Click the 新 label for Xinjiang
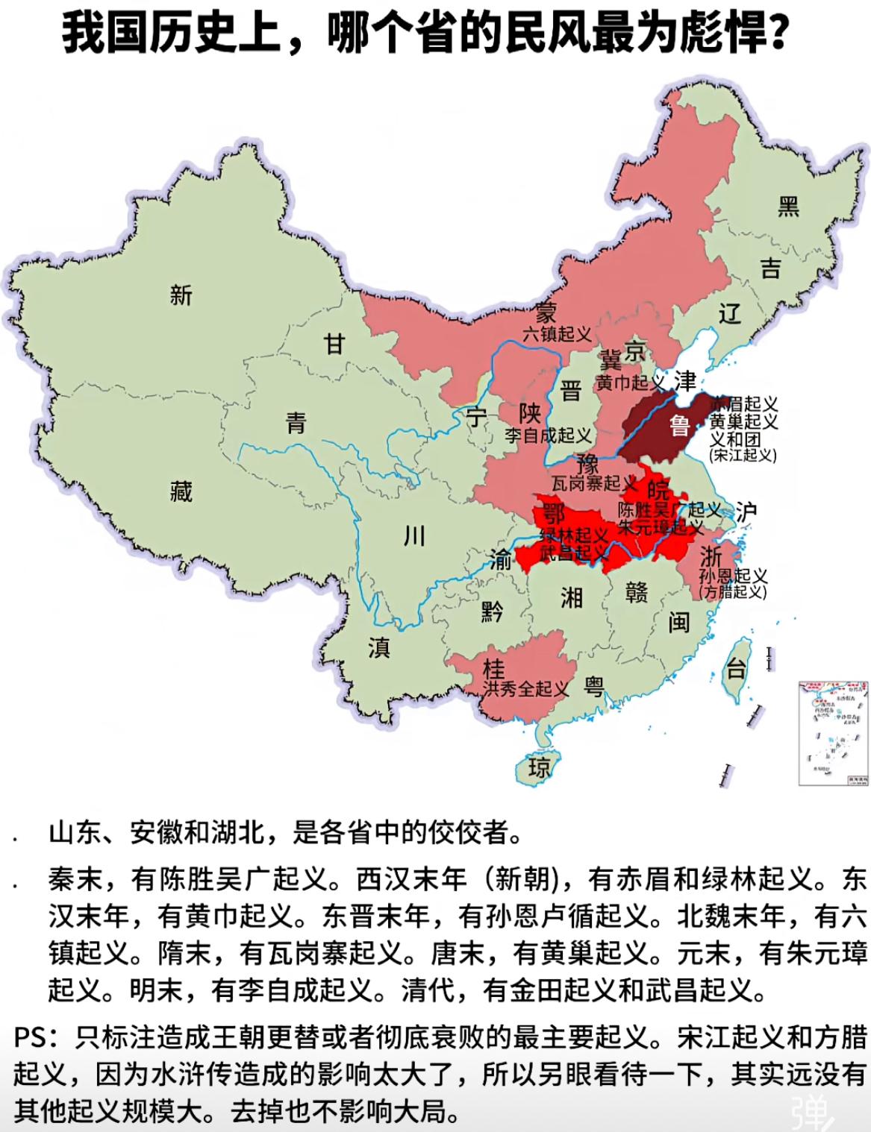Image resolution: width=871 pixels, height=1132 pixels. [181, 295]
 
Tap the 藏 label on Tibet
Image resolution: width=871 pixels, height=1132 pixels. [181, 491]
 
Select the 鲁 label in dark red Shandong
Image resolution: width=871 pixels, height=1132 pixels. [679, 426]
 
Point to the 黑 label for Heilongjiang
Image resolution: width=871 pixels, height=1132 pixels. [788, 206]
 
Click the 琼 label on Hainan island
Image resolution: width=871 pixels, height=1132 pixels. [539, 767]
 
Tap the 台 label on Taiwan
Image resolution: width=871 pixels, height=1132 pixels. [737, 669]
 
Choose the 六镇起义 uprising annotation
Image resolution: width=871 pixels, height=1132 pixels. [558, 334]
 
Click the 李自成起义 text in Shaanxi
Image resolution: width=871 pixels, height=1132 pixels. [548, 435]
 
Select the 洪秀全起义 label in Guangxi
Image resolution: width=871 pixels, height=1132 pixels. [525, 688]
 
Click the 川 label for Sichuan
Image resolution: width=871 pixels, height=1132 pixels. [414, 535]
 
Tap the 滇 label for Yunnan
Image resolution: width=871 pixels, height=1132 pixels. [378, 647]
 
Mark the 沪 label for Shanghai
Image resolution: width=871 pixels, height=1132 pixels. [746, 511]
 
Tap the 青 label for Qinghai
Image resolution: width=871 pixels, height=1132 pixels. [296, 424]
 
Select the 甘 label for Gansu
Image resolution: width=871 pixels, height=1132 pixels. [334, 344]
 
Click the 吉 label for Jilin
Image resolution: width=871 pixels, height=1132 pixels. [770, 268]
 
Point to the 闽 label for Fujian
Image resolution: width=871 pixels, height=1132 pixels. [678, 622]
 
